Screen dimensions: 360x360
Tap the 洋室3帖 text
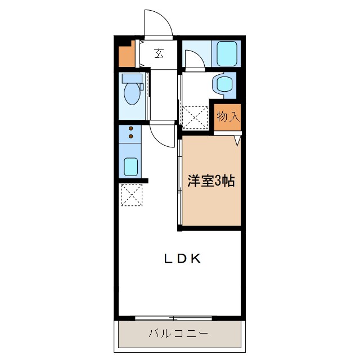point(211,181)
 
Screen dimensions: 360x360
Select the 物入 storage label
point(228,117)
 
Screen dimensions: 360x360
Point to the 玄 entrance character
point(159,53)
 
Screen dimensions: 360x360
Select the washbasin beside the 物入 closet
point(223,85)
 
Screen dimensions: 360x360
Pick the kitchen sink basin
point(131,166)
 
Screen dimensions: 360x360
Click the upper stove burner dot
point(132,129)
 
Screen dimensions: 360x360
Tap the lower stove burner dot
point(132,136)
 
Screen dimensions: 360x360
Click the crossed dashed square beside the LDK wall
point(132,195)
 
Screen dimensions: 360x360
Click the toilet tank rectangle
point(131,78)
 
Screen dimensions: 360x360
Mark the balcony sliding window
point(180,318)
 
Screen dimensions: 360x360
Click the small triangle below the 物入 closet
point(238,140)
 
